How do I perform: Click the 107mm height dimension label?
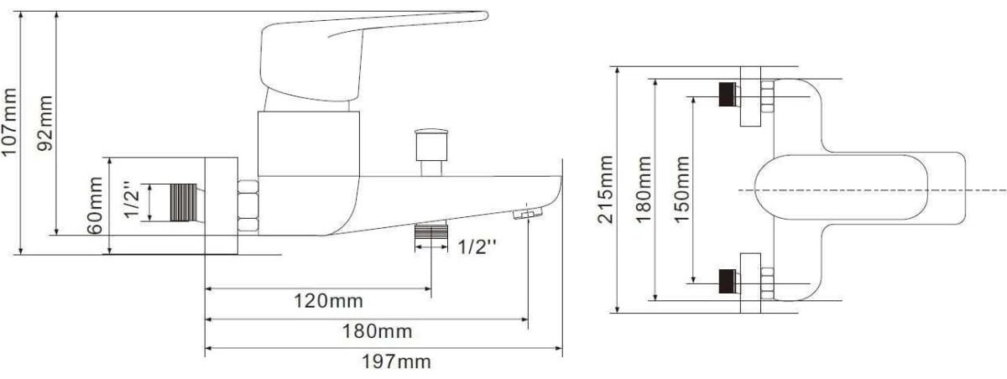9,122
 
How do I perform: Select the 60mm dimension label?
95,205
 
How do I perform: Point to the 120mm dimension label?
328,301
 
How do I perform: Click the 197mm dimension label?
396,361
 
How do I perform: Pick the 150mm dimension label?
682,189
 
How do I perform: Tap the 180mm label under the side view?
377,331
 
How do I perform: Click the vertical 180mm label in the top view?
644,189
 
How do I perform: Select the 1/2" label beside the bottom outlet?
477,247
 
